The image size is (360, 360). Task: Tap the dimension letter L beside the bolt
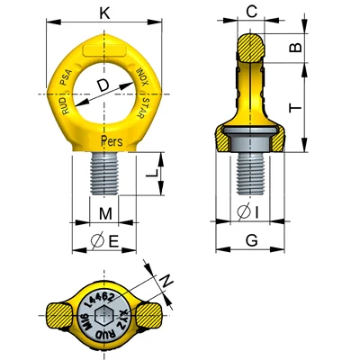pos(149,170)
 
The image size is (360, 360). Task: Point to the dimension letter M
pos(106,212)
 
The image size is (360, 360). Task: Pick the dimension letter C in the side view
pos(252,13)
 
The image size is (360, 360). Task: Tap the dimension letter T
pos(294,107)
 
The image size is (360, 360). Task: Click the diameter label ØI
pos(251,213)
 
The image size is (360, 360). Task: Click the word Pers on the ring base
pos(112,140)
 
